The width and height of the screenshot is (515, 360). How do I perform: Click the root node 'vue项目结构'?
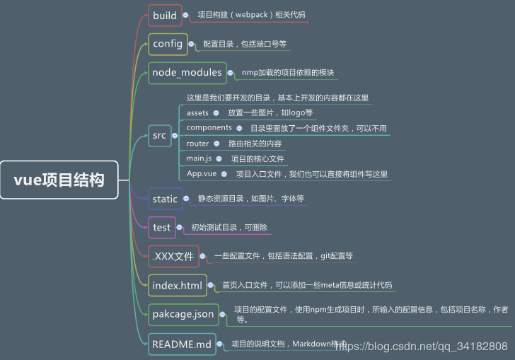[59, 180]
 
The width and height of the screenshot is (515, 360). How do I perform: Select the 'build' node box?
[165, 16]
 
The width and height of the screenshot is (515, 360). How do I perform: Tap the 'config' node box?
[168, 44]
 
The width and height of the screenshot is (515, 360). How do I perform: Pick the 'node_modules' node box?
[187, 72]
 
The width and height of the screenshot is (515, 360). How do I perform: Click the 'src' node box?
[159, 136]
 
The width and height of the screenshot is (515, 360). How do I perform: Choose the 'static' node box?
[165, 199]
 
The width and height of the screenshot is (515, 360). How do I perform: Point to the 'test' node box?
[161, 227]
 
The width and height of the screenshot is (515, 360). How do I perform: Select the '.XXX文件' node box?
[173, 256]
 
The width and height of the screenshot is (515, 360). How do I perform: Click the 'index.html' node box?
[177, 286]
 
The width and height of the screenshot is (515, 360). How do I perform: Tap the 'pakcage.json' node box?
[183, 314]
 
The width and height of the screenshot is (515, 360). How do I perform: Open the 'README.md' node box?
[182, 344]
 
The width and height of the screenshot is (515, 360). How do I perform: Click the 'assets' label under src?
[197, 112]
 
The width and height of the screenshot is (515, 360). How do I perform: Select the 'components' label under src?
[209, 128]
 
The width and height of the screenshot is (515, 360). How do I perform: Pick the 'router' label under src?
[197, 144]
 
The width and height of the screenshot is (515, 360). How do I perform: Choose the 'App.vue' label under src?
[202, 174]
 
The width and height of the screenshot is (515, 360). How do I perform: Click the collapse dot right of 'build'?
[186, 15]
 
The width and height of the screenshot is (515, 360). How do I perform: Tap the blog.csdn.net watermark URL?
[425, 346]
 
